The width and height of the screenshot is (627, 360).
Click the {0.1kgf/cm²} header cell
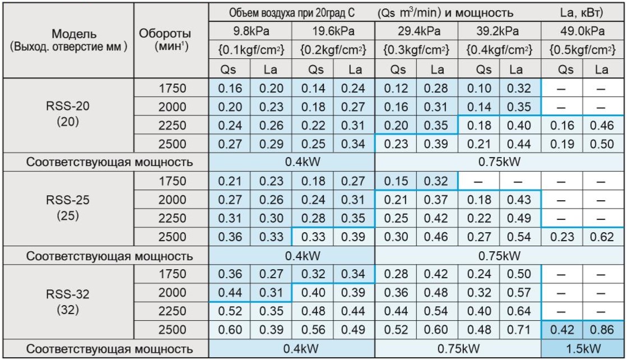point(250,50)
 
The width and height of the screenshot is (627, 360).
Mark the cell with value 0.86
point(602,330)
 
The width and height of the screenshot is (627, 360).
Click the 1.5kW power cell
point(583,349)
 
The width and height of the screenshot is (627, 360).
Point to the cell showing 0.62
point(602,236)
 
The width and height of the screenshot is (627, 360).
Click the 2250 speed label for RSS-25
point(172,218)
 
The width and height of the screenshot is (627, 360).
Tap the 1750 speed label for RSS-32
point(172,275)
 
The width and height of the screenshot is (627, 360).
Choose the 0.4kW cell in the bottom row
point(291,349)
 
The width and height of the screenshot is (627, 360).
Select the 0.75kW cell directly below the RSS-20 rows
point(500,163)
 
